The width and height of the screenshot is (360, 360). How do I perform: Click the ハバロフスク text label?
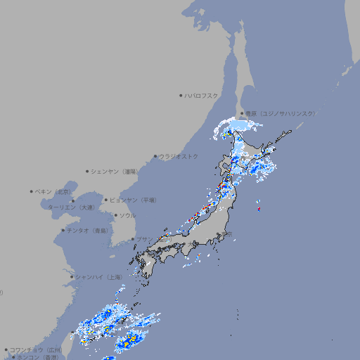[x=202, y=95]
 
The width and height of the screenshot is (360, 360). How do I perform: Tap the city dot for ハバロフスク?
[x=181, y=95]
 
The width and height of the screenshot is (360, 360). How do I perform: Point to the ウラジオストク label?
[x=179, y=156]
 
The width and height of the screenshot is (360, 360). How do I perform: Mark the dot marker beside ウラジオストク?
[x=155, y=156]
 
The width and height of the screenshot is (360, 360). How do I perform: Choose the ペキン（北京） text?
[x=53, y=191]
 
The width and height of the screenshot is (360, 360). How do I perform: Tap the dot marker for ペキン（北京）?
[x=32, y=191]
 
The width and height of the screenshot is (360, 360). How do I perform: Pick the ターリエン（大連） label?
[x=71, y=207]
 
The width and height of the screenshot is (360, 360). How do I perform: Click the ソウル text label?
[x=127, y=215]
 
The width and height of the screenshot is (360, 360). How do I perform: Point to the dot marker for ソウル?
[x=115, y=215]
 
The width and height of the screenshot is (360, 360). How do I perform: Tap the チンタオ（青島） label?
[x=87, y=230]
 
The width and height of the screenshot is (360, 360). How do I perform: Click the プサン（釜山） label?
[x=150, y=239]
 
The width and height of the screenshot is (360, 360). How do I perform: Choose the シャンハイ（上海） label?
[x=98, y=277]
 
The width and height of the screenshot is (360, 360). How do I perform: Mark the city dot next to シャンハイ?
[x=72, y=277]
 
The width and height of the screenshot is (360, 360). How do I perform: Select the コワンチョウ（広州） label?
[x=36, y=349]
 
